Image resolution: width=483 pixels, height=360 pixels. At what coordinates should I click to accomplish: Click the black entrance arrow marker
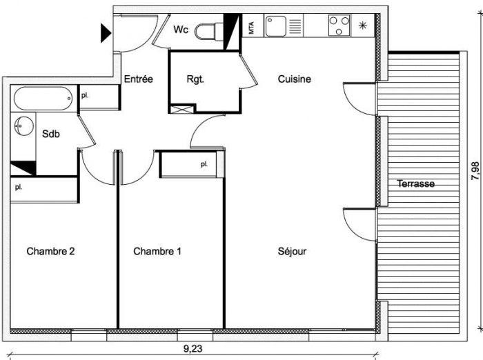tap(106, 33)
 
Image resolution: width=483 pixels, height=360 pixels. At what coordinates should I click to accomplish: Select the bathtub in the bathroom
tap(43, 98)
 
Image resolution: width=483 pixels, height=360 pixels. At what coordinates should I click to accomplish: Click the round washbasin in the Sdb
tap(23, 126)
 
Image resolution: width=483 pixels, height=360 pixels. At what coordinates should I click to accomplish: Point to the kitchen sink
tap(276, 26)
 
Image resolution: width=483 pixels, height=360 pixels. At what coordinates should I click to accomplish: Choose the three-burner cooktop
tap(339, 26)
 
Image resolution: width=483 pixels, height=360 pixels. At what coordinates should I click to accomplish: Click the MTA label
tap(251, 28)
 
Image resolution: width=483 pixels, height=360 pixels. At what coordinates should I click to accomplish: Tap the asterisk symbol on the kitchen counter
tap(363, 26)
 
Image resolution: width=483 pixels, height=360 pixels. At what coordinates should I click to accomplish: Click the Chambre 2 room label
tap(50, 251)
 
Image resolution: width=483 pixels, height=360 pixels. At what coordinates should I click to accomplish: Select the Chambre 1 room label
tap(157, 251)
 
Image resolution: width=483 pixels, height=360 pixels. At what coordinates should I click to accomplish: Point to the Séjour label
tap(292, 251)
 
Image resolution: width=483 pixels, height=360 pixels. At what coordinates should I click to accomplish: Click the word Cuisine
tap(294, 79)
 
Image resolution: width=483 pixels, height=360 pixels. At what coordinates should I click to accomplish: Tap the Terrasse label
tap(416, 183)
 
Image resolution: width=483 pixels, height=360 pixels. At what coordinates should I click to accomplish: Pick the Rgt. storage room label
tap(195, 79)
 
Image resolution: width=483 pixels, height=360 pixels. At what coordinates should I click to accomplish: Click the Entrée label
tap(138, 79)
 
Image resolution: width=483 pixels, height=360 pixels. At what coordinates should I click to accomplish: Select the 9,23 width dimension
tap(193, 349)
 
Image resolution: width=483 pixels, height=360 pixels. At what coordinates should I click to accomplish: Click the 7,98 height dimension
tap(475, 170)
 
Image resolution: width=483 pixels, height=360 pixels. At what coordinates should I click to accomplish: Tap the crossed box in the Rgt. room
tap(181, 110)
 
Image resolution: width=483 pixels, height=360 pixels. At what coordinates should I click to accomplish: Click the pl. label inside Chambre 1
tap(204, 164)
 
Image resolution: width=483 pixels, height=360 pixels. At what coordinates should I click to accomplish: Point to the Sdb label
tap(51, 134)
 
